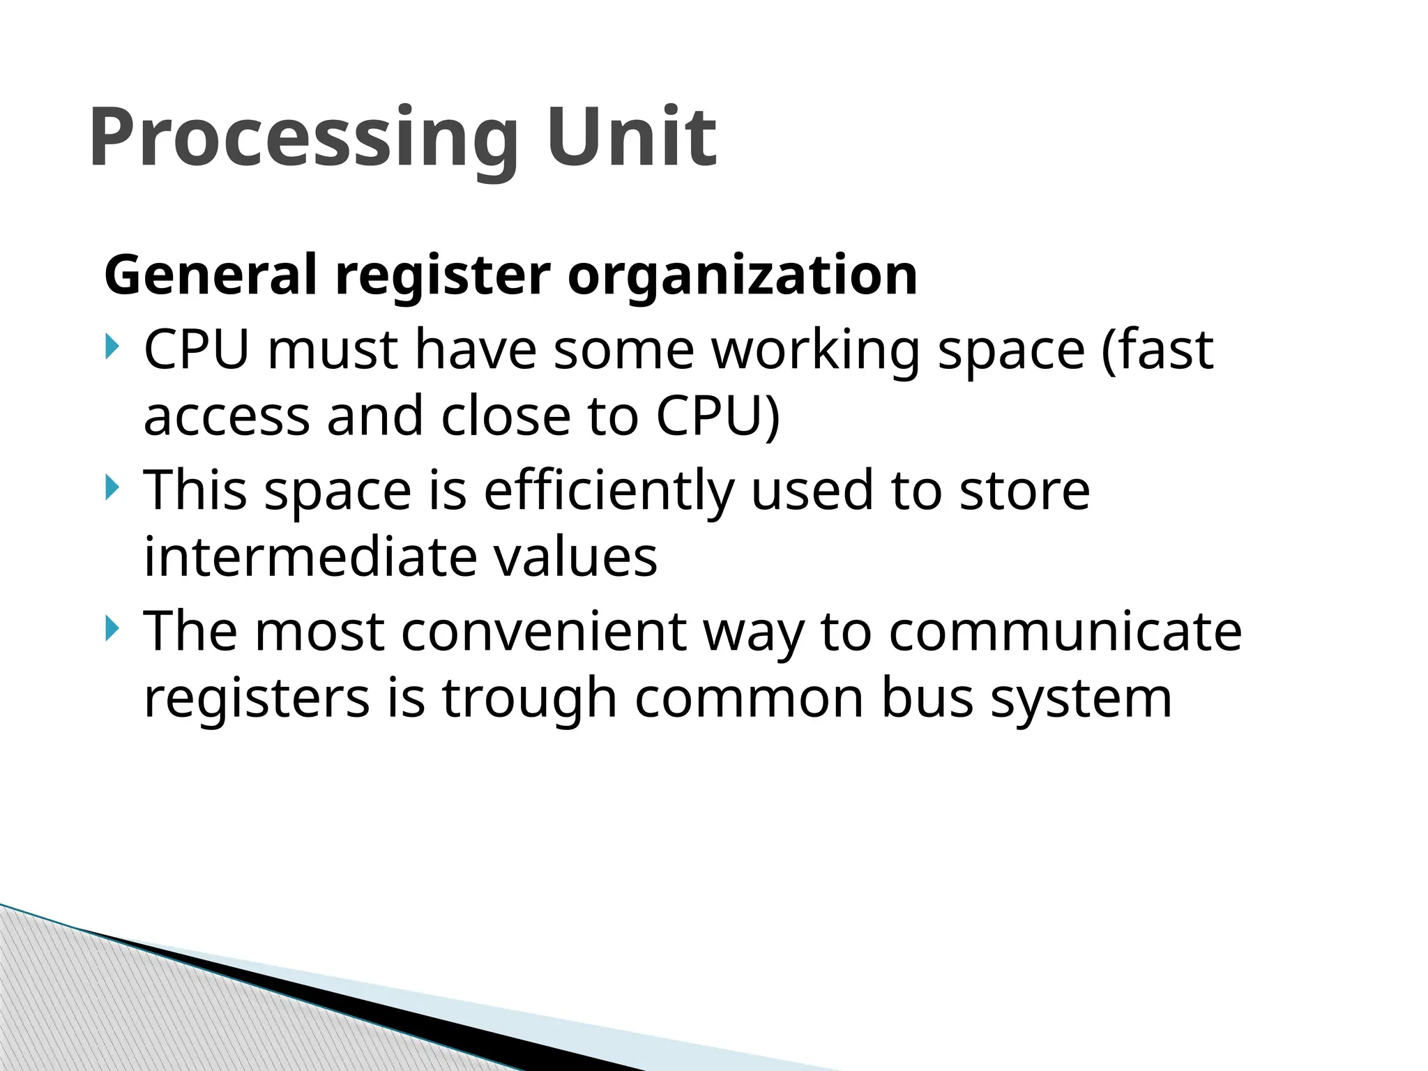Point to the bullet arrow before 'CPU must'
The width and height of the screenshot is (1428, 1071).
(112, 347)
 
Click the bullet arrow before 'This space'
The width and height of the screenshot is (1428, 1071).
(112, 487)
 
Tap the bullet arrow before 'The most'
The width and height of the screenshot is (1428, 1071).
(112, 628)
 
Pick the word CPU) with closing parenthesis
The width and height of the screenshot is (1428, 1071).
(717, 417)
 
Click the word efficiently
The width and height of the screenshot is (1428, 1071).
(609, 492)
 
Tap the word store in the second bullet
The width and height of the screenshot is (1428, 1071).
(1024, 490)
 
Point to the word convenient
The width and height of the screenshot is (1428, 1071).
(544, 631)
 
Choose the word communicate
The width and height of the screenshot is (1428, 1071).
(1065, 631)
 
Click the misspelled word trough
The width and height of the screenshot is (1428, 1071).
(529, 699)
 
